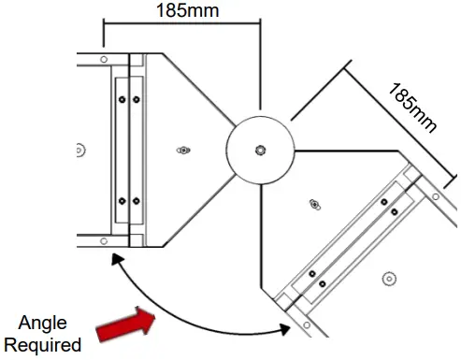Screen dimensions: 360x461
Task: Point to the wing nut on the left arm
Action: click(183, 149)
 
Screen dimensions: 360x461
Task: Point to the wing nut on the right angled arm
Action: click(315, 203)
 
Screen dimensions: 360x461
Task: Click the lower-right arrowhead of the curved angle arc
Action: click(284, 328)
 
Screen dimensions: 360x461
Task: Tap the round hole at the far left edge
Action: click(79, 149)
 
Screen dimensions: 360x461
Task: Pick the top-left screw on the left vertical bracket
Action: click(122, 96)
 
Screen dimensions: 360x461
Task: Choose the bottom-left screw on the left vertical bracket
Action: click(122, 201)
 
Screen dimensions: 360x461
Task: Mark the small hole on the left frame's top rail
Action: click(101, 59)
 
